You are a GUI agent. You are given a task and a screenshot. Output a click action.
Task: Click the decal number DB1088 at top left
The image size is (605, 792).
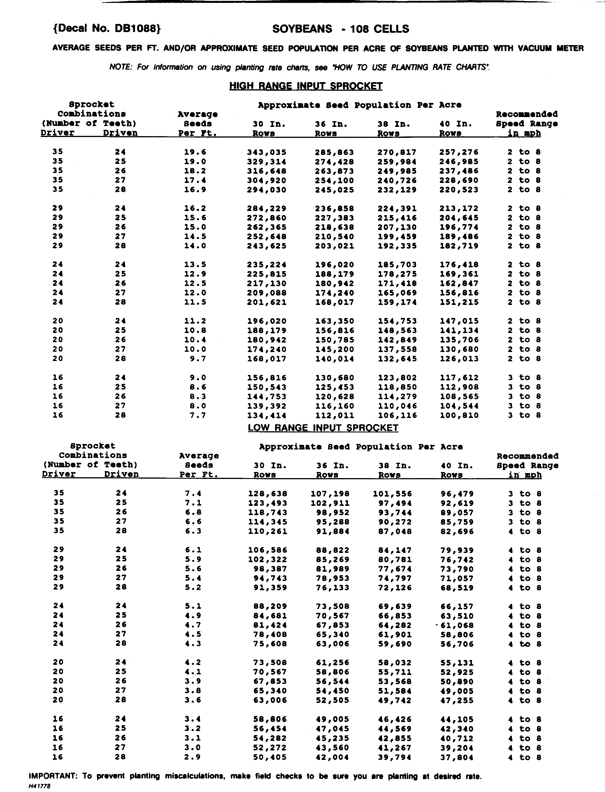pos(107,29)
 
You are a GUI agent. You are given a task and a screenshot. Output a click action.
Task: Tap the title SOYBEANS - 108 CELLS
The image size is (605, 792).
pos(340,29)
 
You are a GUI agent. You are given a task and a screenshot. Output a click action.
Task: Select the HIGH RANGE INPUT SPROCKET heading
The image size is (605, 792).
pos(306,86)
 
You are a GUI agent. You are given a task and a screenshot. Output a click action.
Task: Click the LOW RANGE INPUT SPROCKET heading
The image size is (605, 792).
pos(323,428)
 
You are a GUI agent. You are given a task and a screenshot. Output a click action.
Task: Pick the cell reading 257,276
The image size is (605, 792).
pos(459,152)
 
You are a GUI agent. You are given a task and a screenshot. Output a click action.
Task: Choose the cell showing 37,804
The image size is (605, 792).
pos(457,757)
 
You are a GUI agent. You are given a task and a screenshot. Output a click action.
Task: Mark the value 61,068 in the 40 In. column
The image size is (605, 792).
pos(457,626)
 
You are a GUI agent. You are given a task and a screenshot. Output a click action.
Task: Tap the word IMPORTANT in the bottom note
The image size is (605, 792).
pos(52,776)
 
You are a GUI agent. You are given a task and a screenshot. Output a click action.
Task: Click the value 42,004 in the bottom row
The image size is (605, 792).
pos(333,757)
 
